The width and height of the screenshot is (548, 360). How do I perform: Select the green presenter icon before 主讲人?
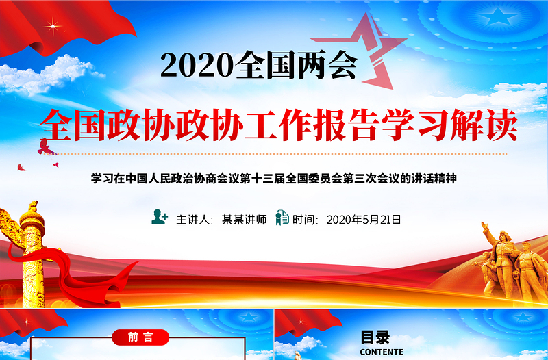160,218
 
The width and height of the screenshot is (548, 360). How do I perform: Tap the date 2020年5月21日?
363,220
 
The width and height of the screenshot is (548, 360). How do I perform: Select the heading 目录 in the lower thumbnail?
375,337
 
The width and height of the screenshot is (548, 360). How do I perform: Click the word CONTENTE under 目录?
376,352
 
